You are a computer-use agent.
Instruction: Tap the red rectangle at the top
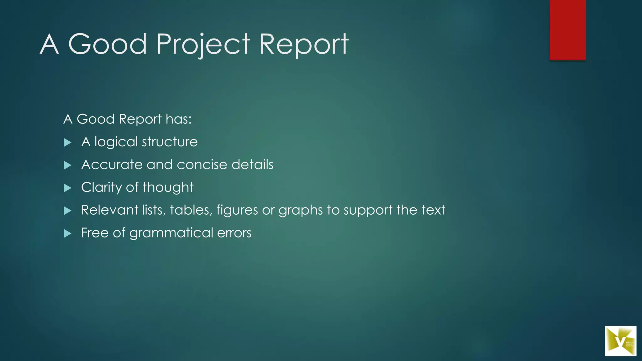click(567, 30)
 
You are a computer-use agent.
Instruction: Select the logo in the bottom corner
click(620, 341)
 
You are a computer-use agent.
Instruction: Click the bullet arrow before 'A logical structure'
click(67, 143)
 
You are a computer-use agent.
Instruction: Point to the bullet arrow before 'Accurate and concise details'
click(67, 165)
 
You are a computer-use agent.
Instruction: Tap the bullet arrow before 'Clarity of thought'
click(67, 188)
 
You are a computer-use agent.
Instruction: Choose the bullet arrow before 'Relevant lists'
click(67, 211)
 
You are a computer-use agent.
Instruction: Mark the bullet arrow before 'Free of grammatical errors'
click(67, 233)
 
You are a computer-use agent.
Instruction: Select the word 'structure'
click(170, 142)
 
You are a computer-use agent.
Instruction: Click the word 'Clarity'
click(101, 187)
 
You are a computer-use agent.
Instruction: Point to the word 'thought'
click(168, 187)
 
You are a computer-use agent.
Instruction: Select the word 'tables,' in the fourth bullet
click(191, 210)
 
